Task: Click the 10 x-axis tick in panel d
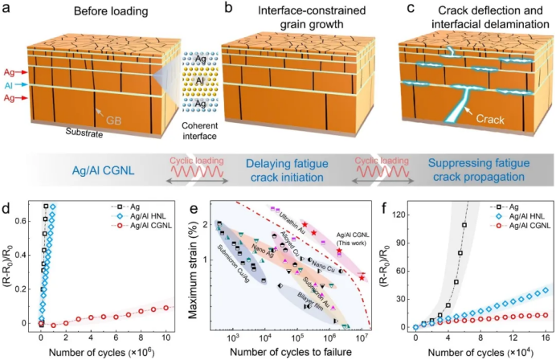[x=165, y=340]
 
